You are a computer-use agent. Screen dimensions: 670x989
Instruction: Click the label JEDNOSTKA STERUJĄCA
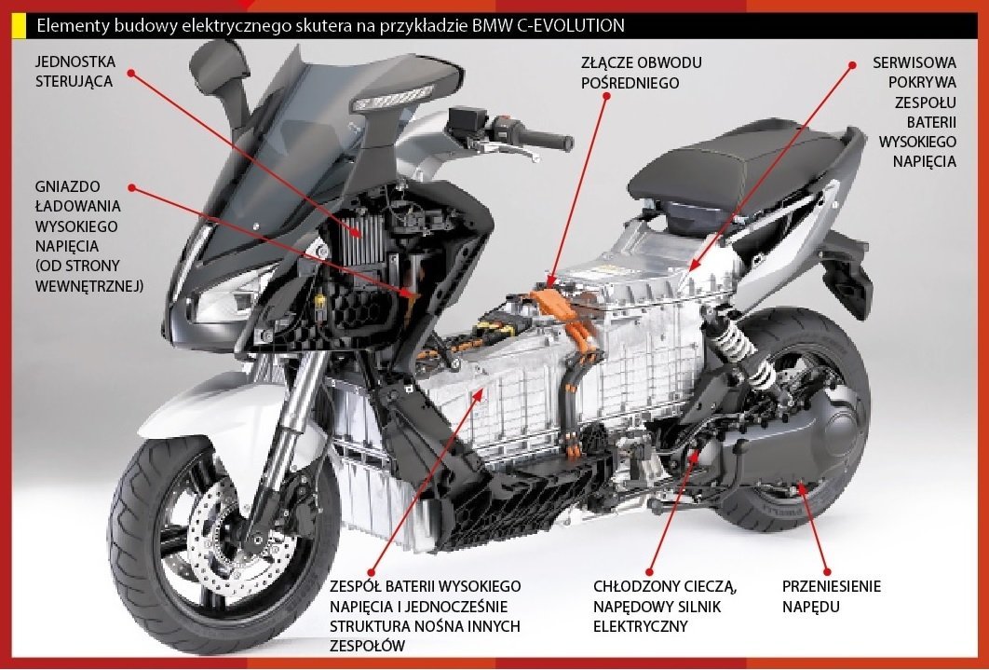click(75, 72)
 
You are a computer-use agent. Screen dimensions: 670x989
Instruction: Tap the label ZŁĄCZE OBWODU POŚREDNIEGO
click(641, 73)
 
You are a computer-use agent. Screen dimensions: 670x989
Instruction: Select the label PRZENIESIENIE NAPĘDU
click(831, 596)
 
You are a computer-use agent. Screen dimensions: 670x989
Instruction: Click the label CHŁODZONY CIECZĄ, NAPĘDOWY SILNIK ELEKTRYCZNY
click(665, 606)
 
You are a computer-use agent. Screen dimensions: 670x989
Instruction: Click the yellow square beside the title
click(18, 25)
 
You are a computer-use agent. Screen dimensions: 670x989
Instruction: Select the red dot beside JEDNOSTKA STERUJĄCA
click(131, 72)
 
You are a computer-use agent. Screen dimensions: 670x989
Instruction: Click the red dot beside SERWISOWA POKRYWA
click(851, 64)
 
